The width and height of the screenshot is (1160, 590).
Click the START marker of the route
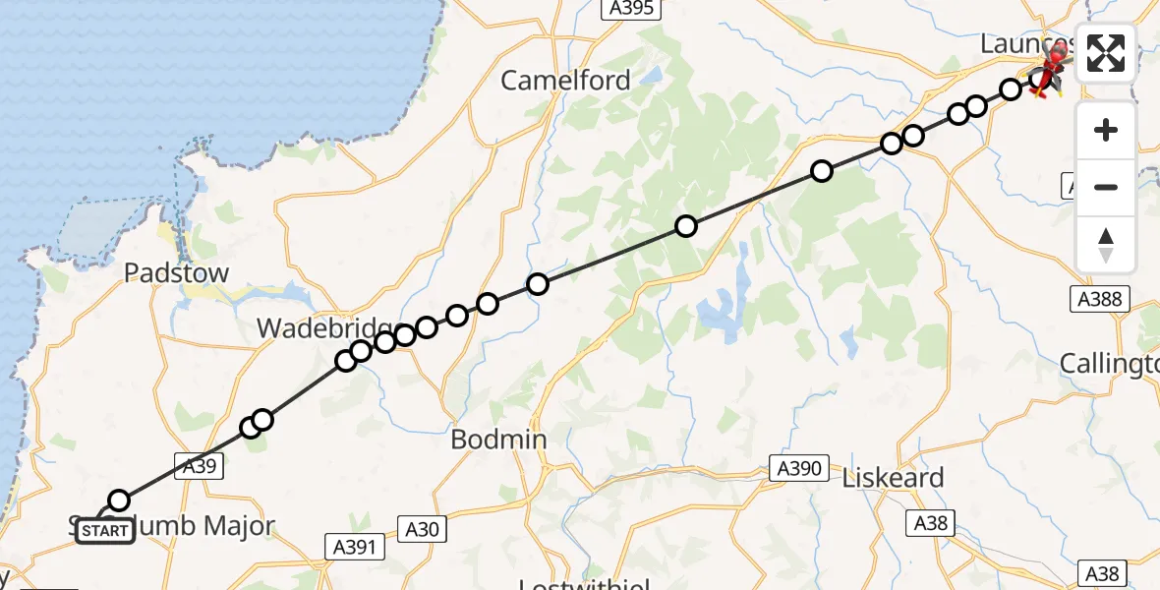[x=104, y=531]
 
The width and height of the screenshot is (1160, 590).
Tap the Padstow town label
[x=177, y=273]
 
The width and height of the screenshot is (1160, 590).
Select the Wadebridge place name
[x=324, y=327]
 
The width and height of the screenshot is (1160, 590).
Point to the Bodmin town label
[x=498, y=440]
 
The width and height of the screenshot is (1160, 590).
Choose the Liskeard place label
[x=893, y=478]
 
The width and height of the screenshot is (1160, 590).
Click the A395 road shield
[x=628, y=8]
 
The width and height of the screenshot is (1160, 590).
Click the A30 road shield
[x=423, y=530]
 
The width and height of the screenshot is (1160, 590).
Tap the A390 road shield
[x=797, y=468]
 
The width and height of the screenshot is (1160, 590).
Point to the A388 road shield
[x=1099, y=299]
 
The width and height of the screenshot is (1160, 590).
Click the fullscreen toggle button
[x=1106, y=53]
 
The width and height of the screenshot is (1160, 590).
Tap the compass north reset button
[x=1106, y=244]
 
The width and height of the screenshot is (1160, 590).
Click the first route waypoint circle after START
[x=119, y=501]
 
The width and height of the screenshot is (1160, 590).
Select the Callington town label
[x=1109, y=364]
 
